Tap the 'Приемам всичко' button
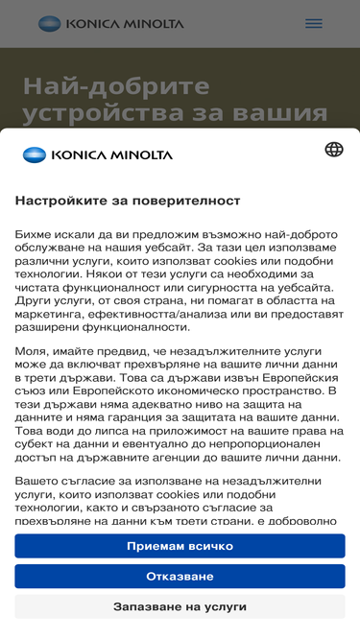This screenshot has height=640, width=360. [x=180, y=546]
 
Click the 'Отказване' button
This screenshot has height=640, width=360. [x=180, y=577]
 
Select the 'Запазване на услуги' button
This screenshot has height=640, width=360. [x=180, y=606]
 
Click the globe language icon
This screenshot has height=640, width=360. [x=333, y=150]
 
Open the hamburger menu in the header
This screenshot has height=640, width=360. [x=313, y=23]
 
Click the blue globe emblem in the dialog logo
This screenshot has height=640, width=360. [x=34, y=154]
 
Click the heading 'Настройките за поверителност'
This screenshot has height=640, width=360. [x=128, y=201]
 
